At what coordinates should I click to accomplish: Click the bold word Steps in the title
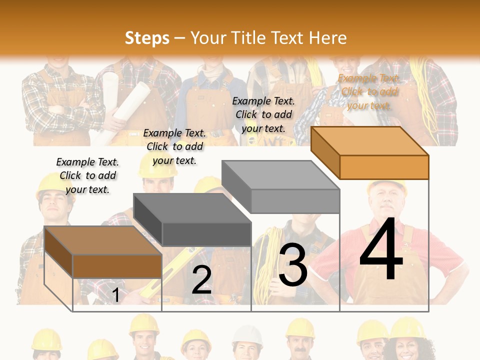pyautogui.click(x=147, y=38)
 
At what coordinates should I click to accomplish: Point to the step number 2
pyautogui.click(x=201, y=280)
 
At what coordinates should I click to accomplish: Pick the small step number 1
pyautogui.click(x=115, y=295)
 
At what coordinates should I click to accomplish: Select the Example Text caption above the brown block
pyautogui.click(x=88, y=175)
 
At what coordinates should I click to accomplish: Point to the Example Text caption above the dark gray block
pyautogui.click(x=175, y=146)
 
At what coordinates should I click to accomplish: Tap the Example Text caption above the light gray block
pyautogui.click(x=264, y=114)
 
